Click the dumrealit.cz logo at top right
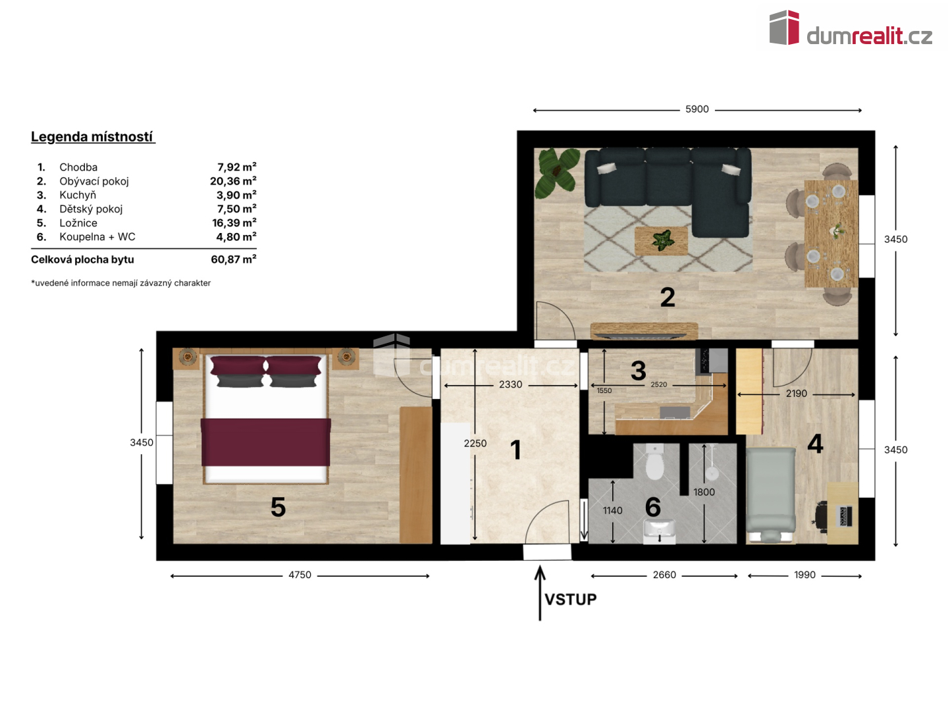850,28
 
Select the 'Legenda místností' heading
92,137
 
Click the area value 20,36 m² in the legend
233,181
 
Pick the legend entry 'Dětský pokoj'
91,209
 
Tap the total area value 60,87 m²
233,259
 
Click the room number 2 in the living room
668,298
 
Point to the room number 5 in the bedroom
278,507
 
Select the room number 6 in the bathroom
653,507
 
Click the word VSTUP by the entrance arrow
570,599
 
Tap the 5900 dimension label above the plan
697,109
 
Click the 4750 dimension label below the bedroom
300,575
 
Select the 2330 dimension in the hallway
510,384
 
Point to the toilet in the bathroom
654,462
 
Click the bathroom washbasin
659,531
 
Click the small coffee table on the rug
661,241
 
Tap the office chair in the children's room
821,515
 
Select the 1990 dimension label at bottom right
804,575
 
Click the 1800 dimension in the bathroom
704,492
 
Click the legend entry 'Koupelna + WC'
97,236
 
